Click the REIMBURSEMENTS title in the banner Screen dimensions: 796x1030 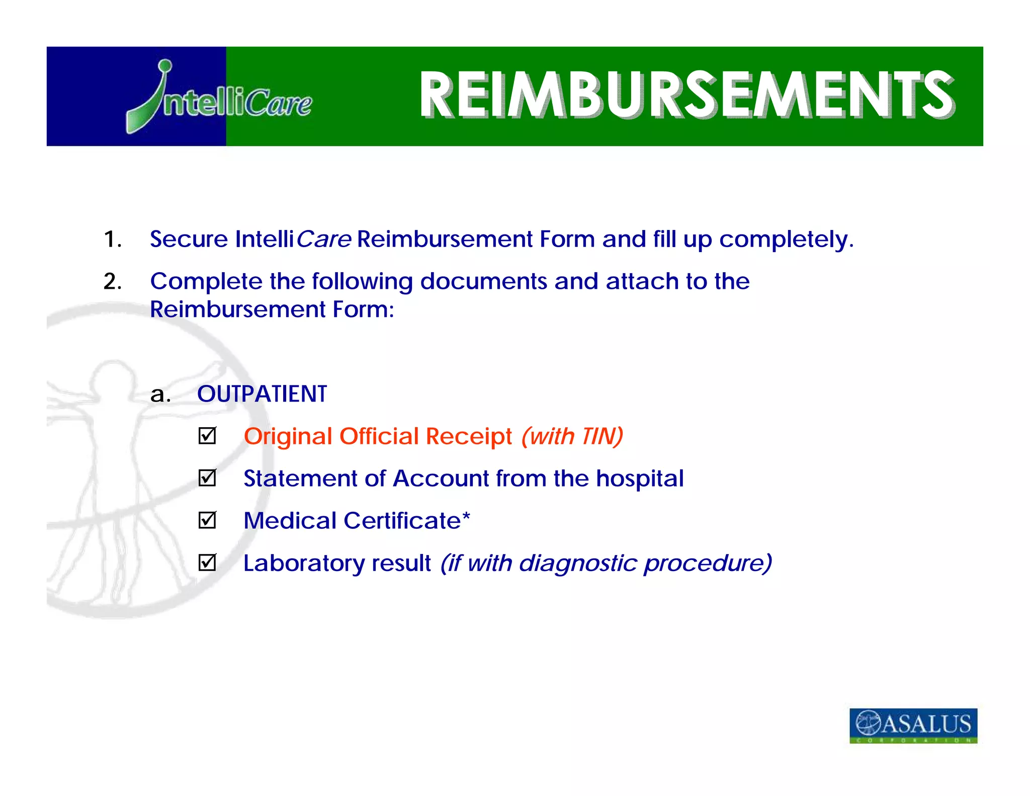tap(686, 95)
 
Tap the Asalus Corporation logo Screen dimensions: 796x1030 tap(913, 725)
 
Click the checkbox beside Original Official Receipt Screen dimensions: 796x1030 tap(207, 436)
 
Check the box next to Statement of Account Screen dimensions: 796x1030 tap(207, 478)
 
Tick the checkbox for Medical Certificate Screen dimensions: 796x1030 tap(207, 520)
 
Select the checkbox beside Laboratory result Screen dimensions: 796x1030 tap(207, 563)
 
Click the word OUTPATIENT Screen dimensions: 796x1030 tap(262, 393)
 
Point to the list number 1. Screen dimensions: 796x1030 tap(112, 239)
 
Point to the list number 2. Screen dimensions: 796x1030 tap(112, 281)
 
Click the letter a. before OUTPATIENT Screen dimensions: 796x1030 tap(160, 394)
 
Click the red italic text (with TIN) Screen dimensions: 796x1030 tap(572, 436)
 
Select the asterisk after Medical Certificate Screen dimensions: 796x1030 tap(466, 516)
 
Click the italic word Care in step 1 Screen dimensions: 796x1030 tap(323, 239)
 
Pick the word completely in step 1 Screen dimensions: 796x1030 tap(786, 240)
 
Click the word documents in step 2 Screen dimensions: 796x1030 tap(483, 281)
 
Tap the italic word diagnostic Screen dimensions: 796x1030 tap(578, 563)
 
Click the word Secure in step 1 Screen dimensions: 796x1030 tap(189, 239)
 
